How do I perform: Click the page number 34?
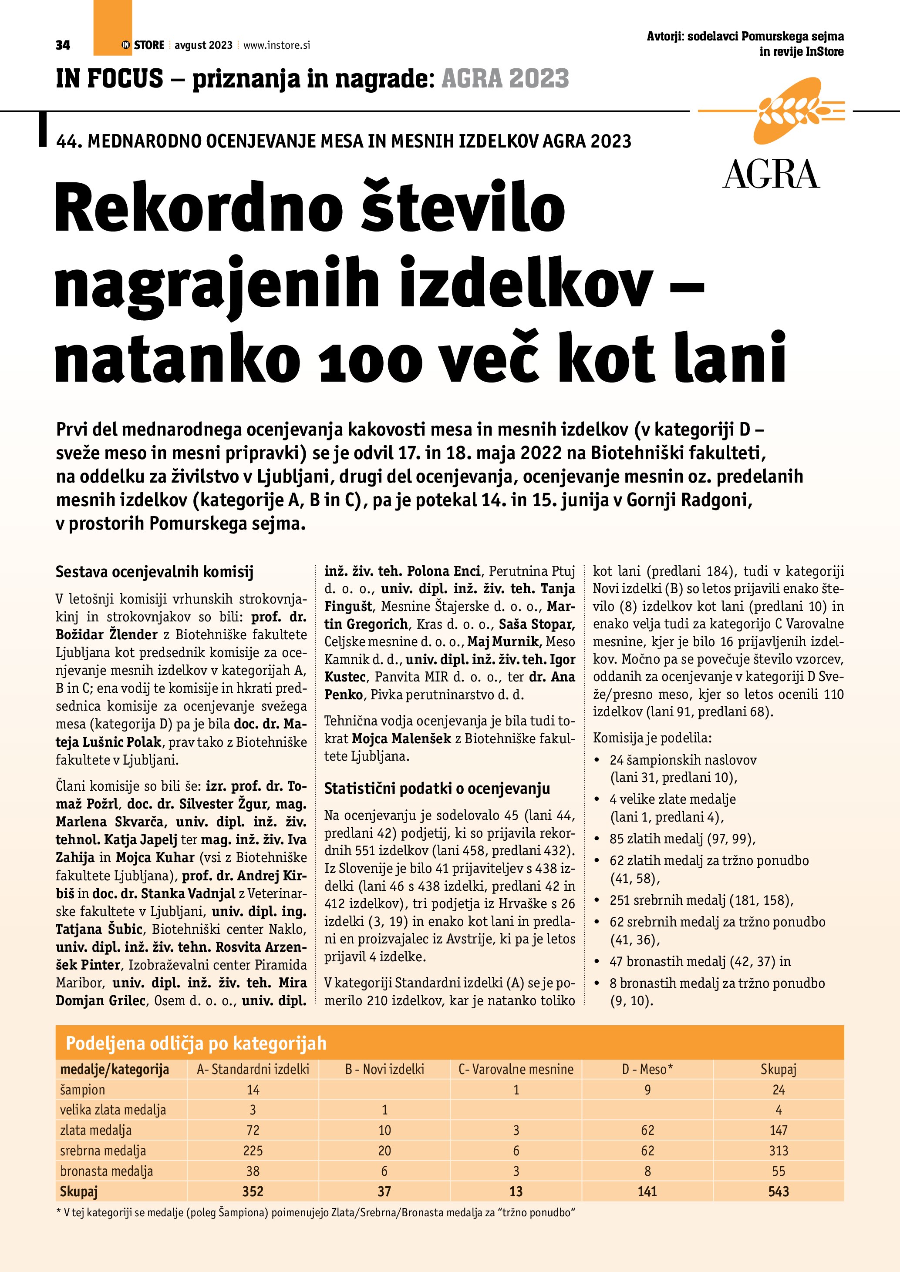click(x=63, y=45)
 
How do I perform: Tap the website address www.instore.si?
click(x=276, y=45)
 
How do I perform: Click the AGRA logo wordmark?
click(x=771, y=175)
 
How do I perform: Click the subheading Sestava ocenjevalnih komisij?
click(x=155, y=572)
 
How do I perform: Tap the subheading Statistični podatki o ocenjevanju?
click(x=437, y=789)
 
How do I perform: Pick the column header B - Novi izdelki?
click(x=384, y=1069)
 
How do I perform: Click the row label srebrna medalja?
click(x=103, y=1151)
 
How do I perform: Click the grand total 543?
click(x=778, y=1191)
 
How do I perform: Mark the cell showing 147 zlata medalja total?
click(x=778, y=1130)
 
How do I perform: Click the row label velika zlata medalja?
click(x=113, y=1110)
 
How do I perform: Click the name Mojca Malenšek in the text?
click(x=401, y=738)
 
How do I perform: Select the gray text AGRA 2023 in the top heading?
click(x=505, y=79)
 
